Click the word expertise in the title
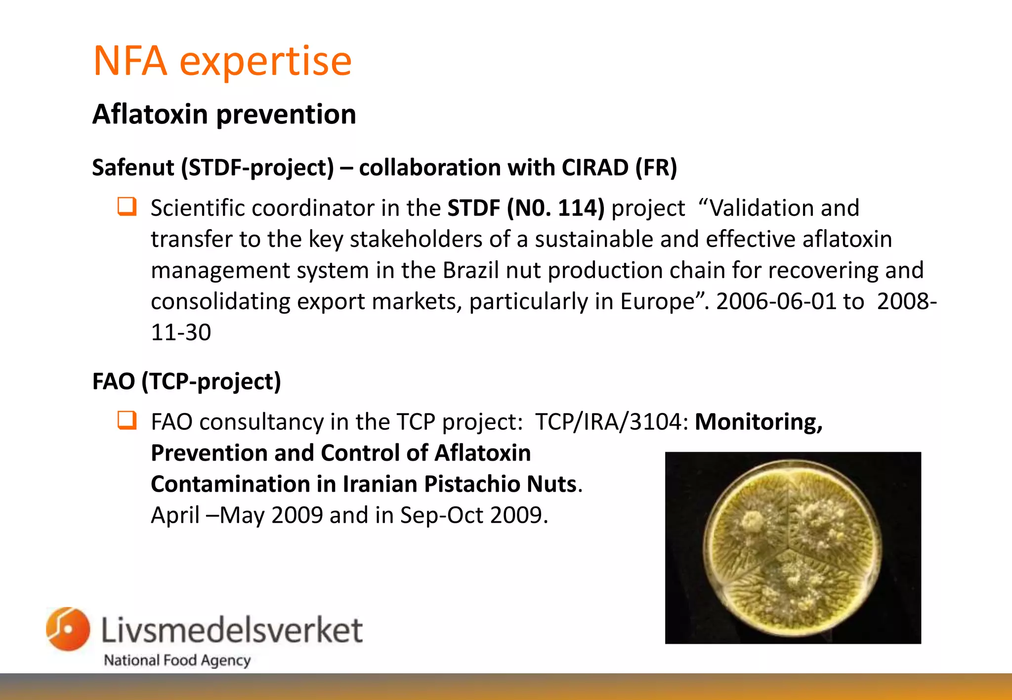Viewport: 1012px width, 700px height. tap(266, 62)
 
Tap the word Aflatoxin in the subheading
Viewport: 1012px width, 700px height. tap(150, 114)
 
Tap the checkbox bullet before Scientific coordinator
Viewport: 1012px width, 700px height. tap(127, 206)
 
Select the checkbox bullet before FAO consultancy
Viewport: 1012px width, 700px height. tap(127, 420)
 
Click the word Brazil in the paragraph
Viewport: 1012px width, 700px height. tap(471, 271)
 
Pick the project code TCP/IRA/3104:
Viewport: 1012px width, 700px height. tap(612, 422)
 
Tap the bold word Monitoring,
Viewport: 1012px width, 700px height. tap(759, 423)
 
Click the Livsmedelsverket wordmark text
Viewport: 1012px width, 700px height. tap(232, 630)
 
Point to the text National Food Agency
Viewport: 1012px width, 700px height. tap(177, 661)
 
